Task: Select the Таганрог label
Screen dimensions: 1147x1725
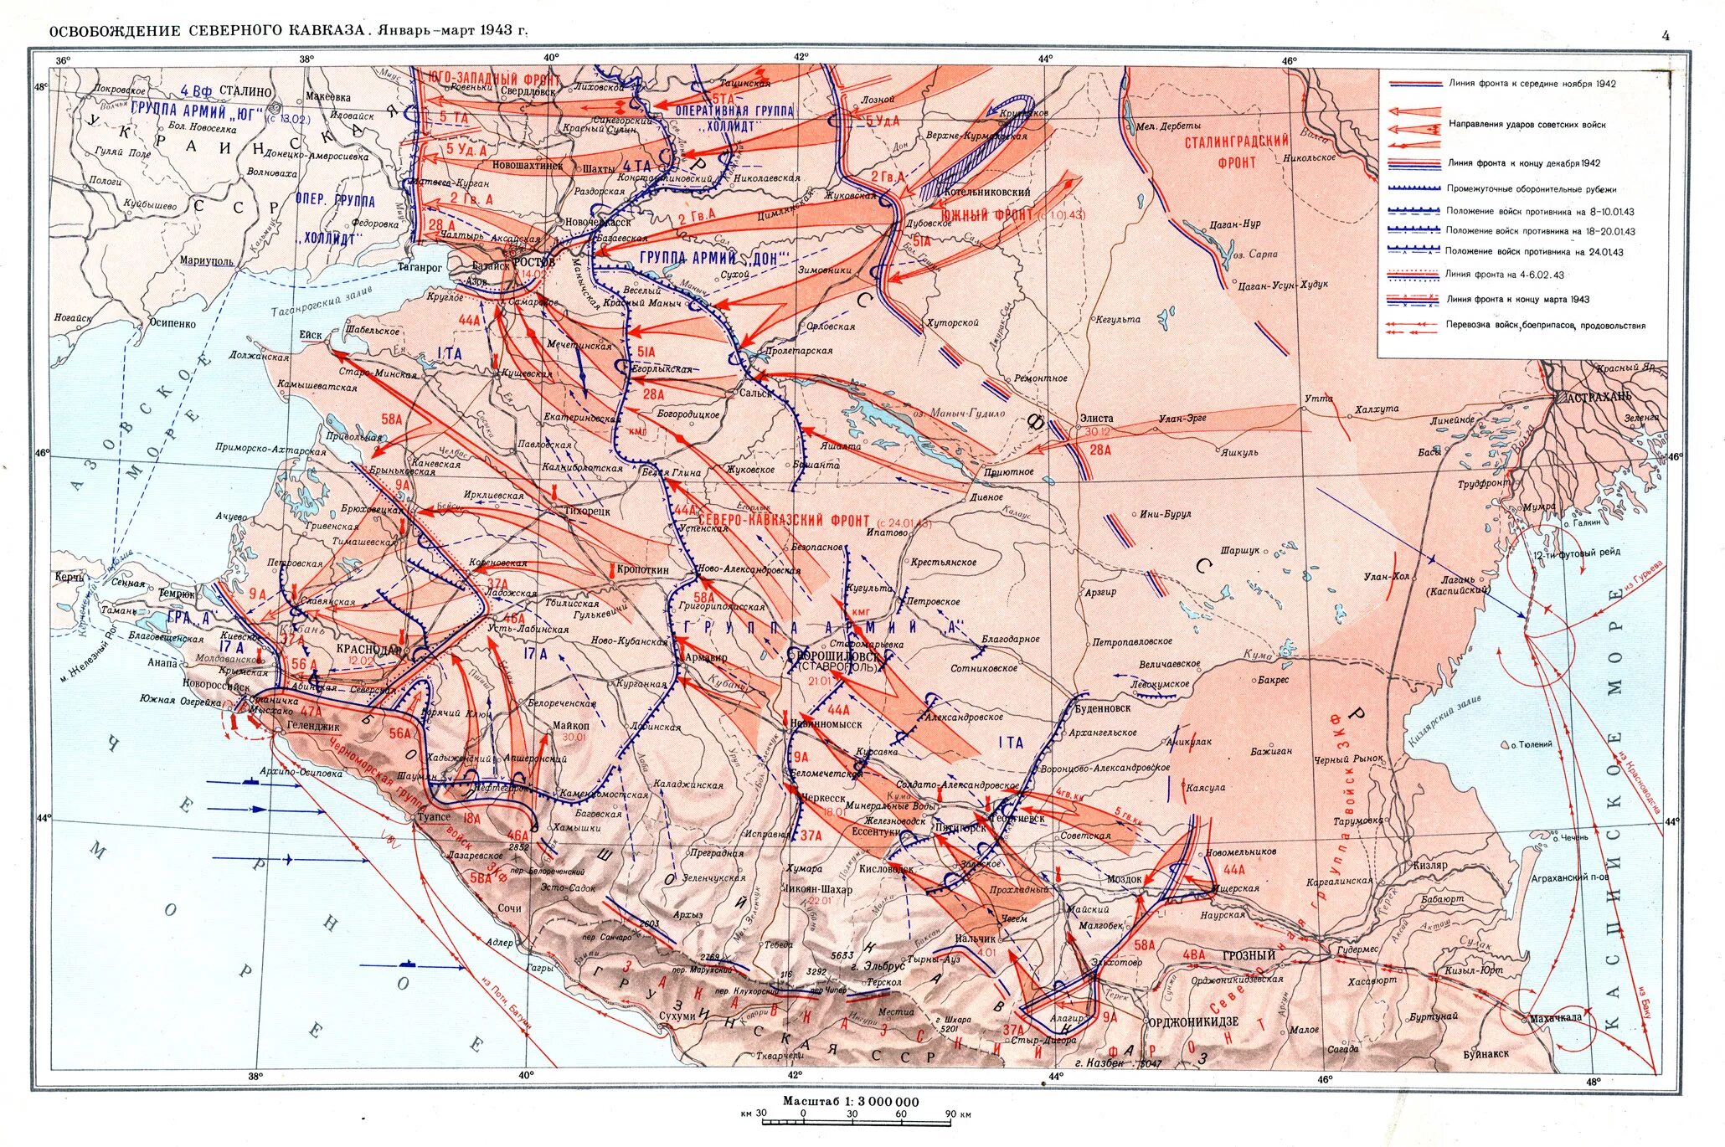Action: (419, 268)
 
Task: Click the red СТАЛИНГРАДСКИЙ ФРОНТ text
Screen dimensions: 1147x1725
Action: (1236, 151)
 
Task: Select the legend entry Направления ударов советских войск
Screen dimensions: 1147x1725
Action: (1527, 124)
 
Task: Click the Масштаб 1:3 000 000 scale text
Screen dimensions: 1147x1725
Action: (850, 1101)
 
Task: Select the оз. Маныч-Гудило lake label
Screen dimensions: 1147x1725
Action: (948, 413)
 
